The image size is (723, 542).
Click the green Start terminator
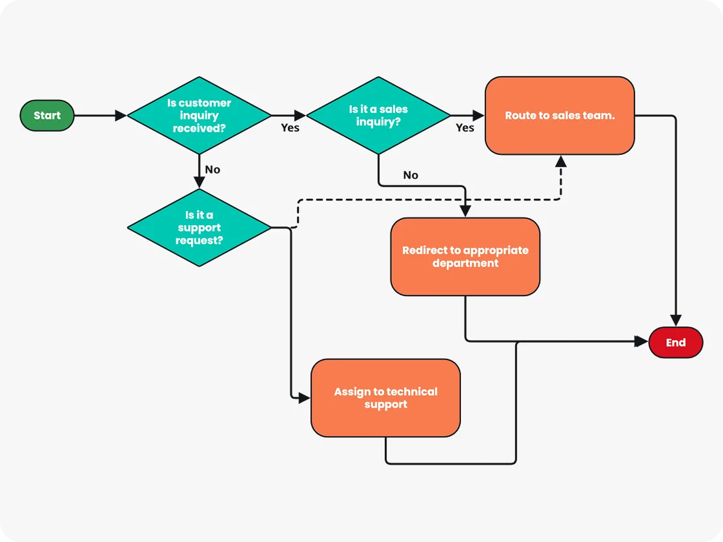(47, 115)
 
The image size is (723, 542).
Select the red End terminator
(675, 343)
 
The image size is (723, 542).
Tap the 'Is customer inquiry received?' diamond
(199, 115)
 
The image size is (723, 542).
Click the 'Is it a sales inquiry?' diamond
(378, 115)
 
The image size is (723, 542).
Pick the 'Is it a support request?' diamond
(199, 228)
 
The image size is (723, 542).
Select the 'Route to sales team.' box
(560, 115)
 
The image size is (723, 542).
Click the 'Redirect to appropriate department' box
(465, 257)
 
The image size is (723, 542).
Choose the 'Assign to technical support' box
(385, 398)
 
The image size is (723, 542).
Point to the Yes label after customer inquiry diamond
(290, 128)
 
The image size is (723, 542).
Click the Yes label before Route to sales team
(465, 128)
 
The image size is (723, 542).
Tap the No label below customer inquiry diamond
(212, 170)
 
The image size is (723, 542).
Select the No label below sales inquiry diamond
(411, 175)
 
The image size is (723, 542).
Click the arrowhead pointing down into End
(675, 321)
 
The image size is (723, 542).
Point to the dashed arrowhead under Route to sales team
(560, 161)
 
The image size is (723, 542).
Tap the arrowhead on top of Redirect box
(465, 212)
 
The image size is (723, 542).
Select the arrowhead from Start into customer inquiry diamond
(121, 115)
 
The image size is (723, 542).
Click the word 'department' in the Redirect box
(465, 263)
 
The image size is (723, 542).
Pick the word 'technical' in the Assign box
(412, 392)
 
